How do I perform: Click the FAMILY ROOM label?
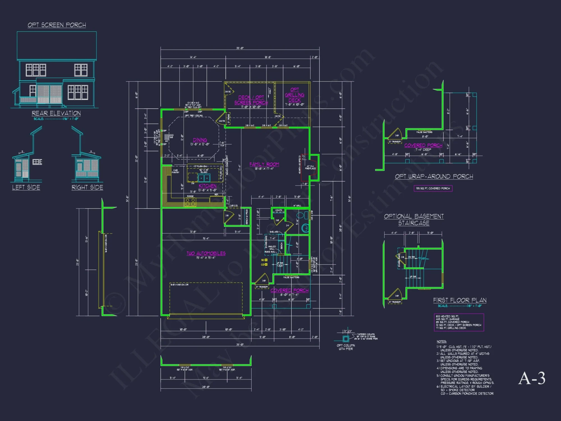(264, 164)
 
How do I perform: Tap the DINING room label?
(200, 140)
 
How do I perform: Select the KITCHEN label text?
(207, 186)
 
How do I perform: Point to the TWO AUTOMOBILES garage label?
(206, 253)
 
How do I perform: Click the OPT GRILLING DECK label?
(295, 95)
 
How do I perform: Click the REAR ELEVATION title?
(56, 113)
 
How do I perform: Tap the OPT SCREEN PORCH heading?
(57, 25)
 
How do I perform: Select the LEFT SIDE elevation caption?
(26, 187)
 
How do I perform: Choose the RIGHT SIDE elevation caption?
(87, 187)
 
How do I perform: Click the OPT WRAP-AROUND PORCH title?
(434, 177)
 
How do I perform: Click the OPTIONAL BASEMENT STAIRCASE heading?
(414, 220)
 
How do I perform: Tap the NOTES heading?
(441, 342)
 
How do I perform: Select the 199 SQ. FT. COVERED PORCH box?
(433, 188)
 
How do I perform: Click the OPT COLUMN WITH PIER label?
(346, 347)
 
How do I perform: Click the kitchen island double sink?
(204, 178)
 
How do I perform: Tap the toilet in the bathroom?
(305, 228)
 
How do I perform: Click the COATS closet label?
(278, 210)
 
